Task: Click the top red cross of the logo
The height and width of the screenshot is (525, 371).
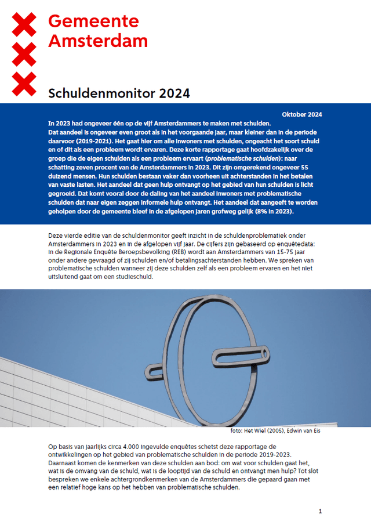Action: [x=24, y=24]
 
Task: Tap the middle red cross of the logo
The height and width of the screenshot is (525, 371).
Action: [x=24, y=55]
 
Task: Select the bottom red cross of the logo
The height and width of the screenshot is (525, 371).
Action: [x=24, y=85]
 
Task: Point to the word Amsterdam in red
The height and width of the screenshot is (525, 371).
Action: [x=98, y=41]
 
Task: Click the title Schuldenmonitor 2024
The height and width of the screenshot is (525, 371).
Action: [x=119, y=93]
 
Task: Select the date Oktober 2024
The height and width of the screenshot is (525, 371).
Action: [x=301, y=114]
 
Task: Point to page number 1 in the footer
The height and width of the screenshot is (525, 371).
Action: [x=320, y=511]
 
